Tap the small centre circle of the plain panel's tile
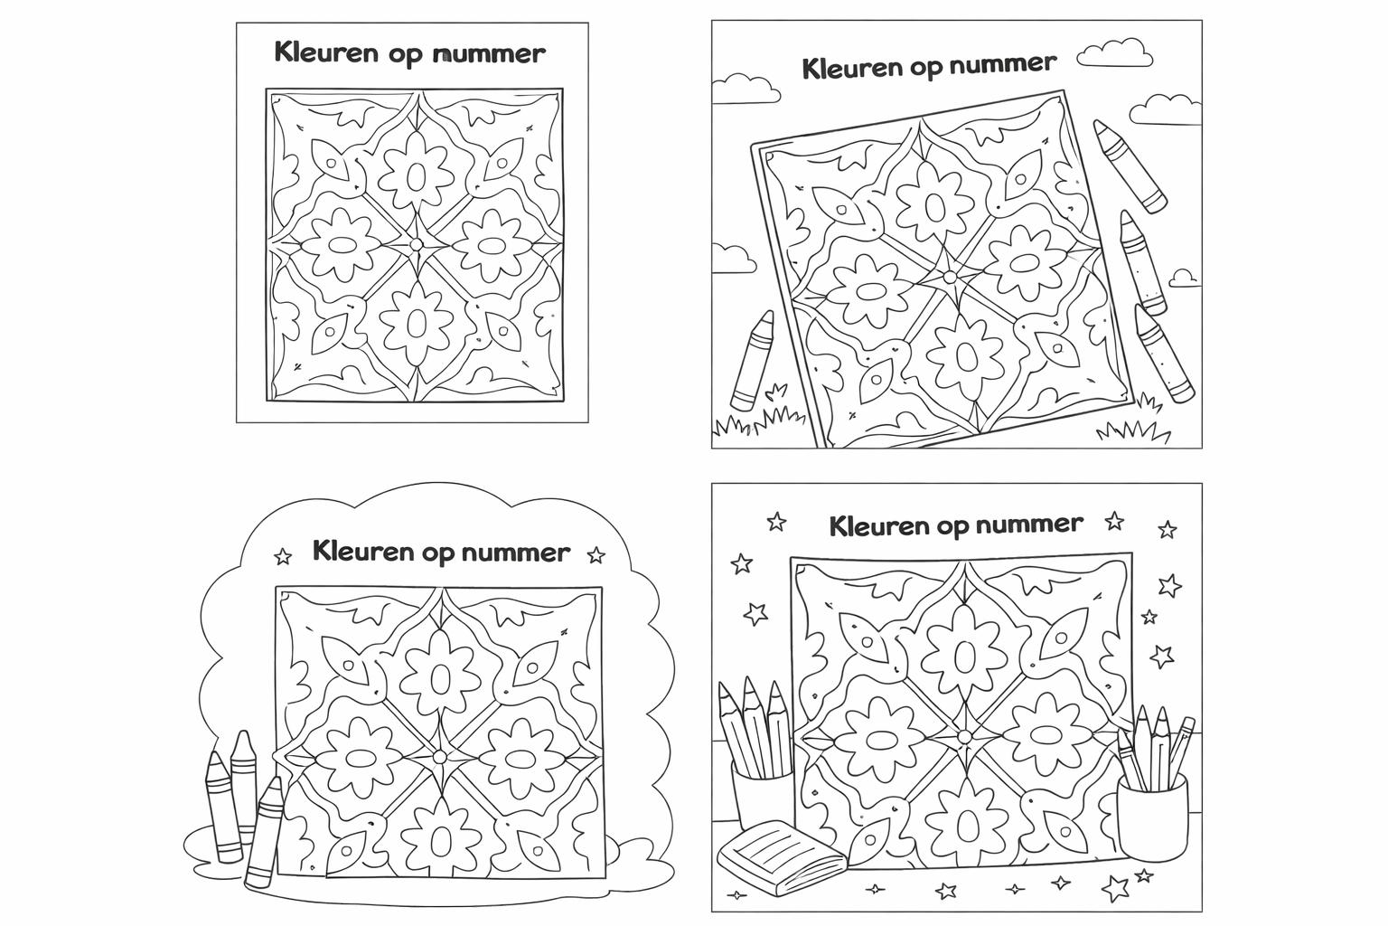pos(416,244)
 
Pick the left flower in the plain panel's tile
pos(342,244)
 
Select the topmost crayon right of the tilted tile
pos(1130,165)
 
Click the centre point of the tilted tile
pos(949,276)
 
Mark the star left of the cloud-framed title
pos(283,555)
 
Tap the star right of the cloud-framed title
pos(596,554)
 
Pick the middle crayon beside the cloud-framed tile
pos(242,782)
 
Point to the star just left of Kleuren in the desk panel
pos(775,522)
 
